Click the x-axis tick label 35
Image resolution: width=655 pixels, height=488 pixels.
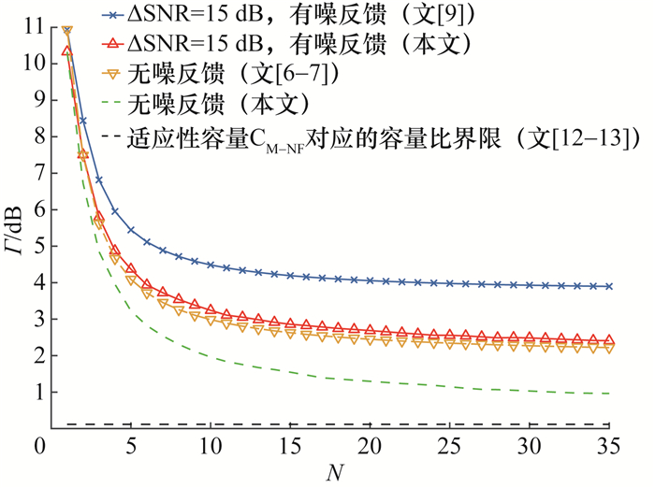[609, 446]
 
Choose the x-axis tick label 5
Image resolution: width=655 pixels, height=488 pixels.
[130, 446]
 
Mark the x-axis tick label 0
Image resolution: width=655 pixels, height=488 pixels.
[40, 446]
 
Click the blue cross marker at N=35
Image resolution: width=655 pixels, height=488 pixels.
[609, 286]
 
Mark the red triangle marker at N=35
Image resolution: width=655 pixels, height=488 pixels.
[609, 340]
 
